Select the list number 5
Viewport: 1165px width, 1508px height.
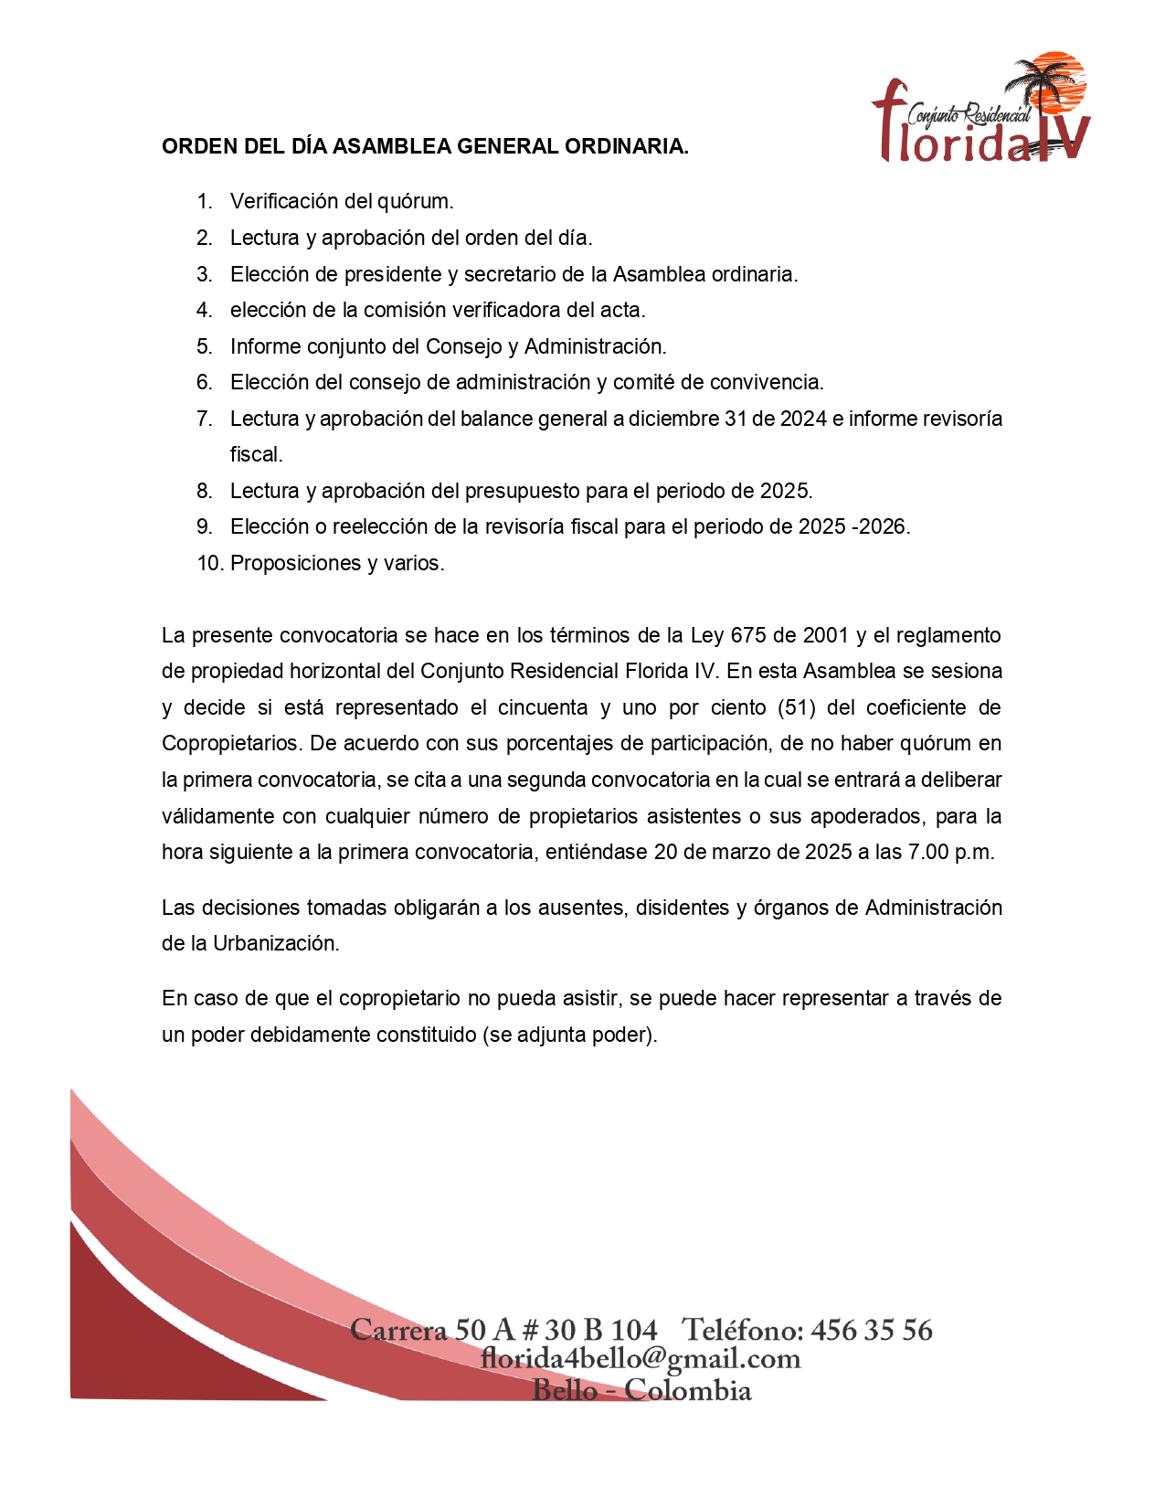[x=205, y=346]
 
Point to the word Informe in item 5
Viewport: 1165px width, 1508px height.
[x=265, y=346]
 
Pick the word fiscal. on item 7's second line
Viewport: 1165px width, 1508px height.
[x=257, y=454]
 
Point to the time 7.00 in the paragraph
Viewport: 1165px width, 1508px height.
[x=928, y=852]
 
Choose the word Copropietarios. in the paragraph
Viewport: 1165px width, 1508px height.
[x=232, y=743]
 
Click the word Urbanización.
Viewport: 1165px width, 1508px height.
[x=276, y=943]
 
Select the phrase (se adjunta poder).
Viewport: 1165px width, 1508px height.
[x=570, y=1035]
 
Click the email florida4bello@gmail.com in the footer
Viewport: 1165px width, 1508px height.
[x=641, y=1359]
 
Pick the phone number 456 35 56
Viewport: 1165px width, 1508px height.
[x=872, y=1330]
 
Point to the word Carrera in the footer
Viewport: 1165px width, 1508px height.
[x=398, y=1330]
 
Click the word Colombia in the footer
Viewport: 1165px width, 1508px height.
[x=688, y=1390]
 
